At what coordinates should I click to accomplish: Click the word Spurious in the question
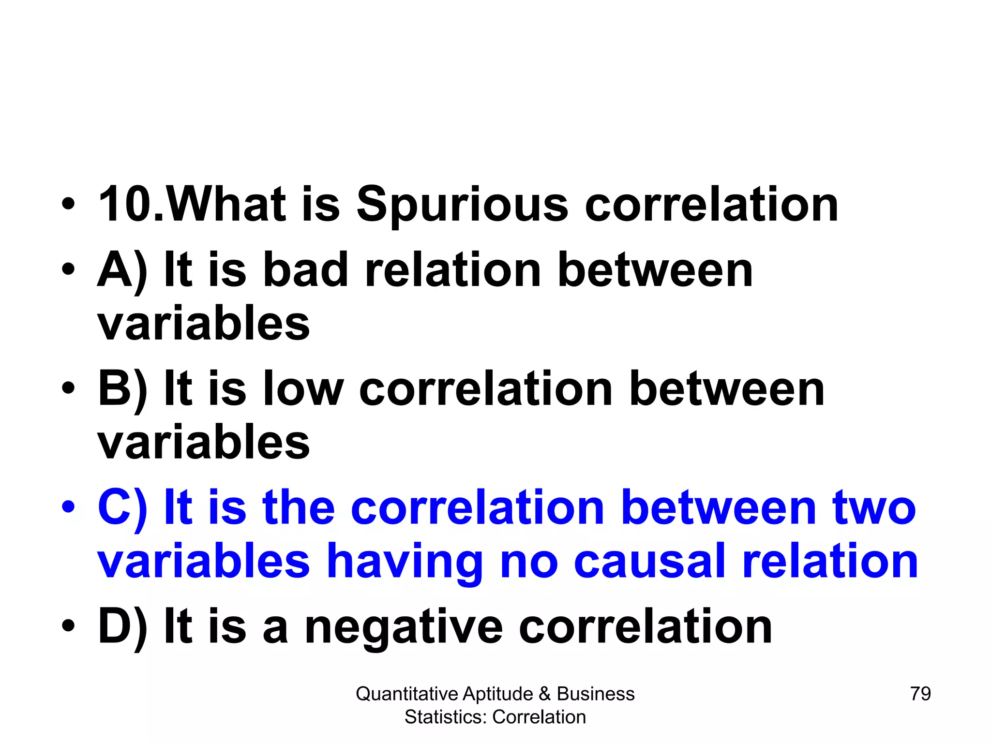click(462, 206)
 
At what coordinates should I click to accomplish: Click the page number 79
click(920, 694)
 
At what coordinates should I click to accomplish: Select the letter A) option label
click(122, 271)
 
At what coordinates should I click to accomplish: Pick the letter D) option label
click(122, 628)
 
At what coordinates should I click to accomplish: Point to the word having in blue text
click(405, 562)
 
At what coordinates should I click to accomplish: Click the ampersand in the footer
click(544, 694)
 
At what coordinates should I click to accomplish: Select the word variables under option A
click(204, 323)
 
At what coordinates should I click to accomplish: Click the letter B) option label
click(122, 390)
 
